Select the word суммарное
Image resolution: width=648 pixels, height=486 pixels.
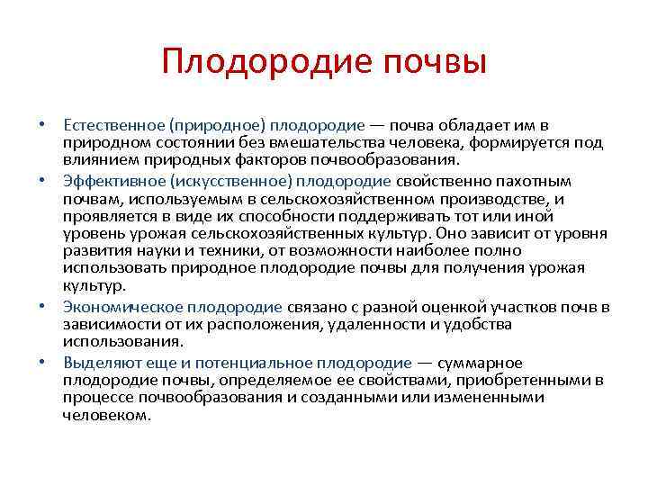tap(481, 362)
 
